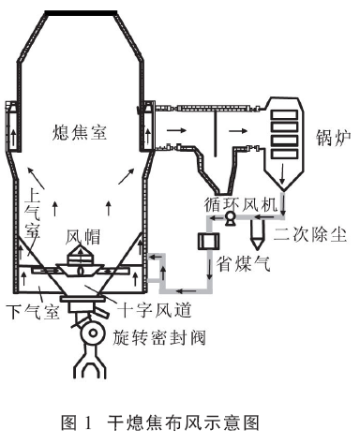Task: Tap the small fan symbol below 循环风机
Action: coord(229,218)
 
